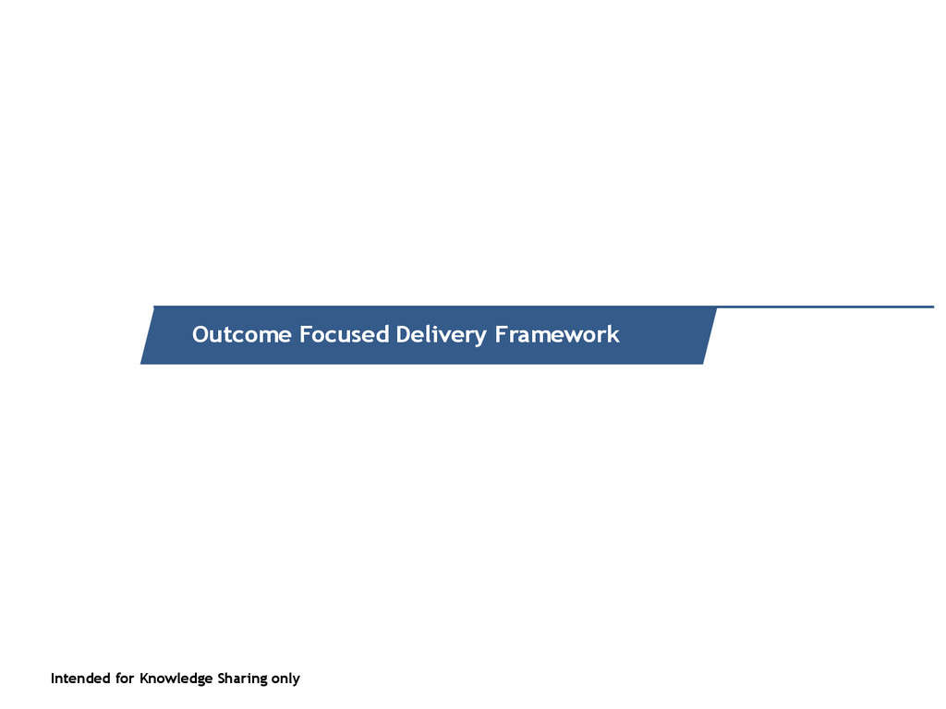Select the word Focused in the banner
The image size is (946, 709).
[344, 334]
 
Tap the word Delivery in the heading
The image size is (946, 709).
[441, 334]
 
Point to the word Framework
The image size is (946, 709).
[557, 334]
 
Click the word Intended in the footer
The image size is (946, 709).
[80, 679]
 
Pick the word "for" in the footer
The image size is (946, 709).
[125, 679]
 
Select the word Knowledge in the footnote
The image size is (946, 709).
[176, 679]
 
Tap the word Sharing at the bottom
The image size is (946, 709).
[242, 679]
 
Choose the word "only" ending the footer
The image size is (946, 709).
[285, 679]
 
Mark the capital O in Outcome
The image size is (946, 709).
[200, 334]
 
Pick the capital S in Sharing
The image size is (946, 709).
[222, 679]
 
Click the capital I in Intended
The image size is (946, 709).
[53, 679]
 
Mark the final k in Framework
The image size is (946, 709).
[613, 334]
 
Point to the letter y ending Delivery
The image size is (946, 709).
[479, 336]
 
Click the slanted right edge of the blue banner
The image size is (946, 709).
[709, 335]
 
